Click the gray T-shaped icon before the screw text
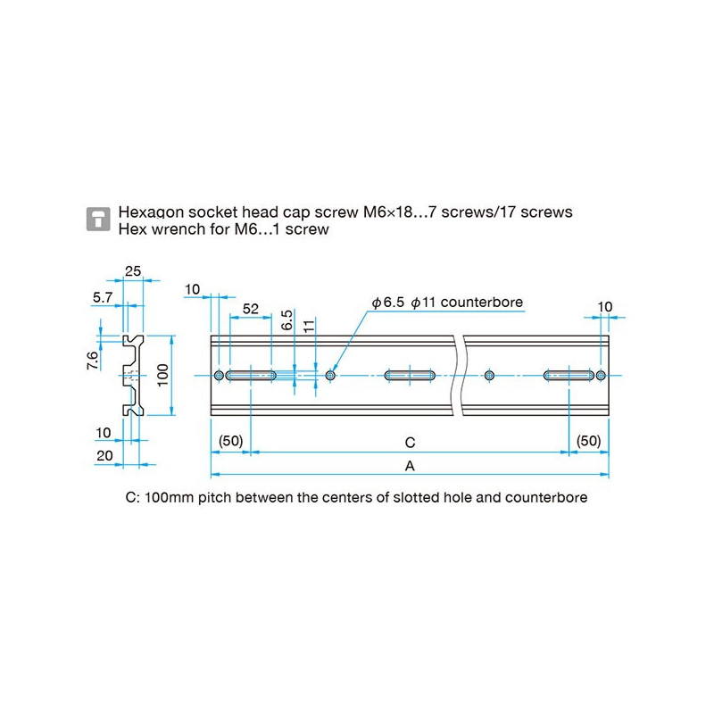98,220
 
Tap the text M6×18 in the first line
390,212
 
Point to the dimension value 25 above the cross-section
134,271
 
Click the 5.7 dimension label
102,298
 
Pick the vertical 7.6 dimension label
93,362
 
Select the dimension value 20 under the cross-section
104,454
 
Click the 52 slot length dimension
250,308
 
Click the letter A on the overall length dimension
410,466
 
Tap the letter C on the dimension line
410,442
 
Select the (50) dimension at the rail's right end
588,441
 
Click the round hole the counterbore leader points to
331,376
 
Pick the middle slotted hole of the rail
410,376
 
